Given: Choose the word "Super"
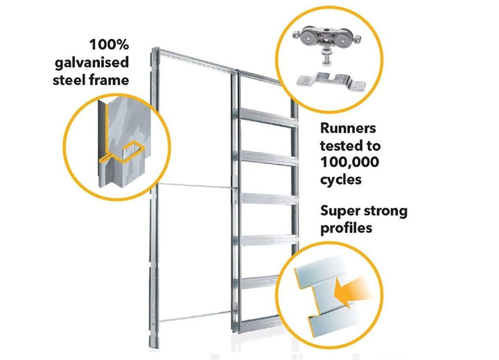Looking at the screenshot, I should click(x=345, y=211).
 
